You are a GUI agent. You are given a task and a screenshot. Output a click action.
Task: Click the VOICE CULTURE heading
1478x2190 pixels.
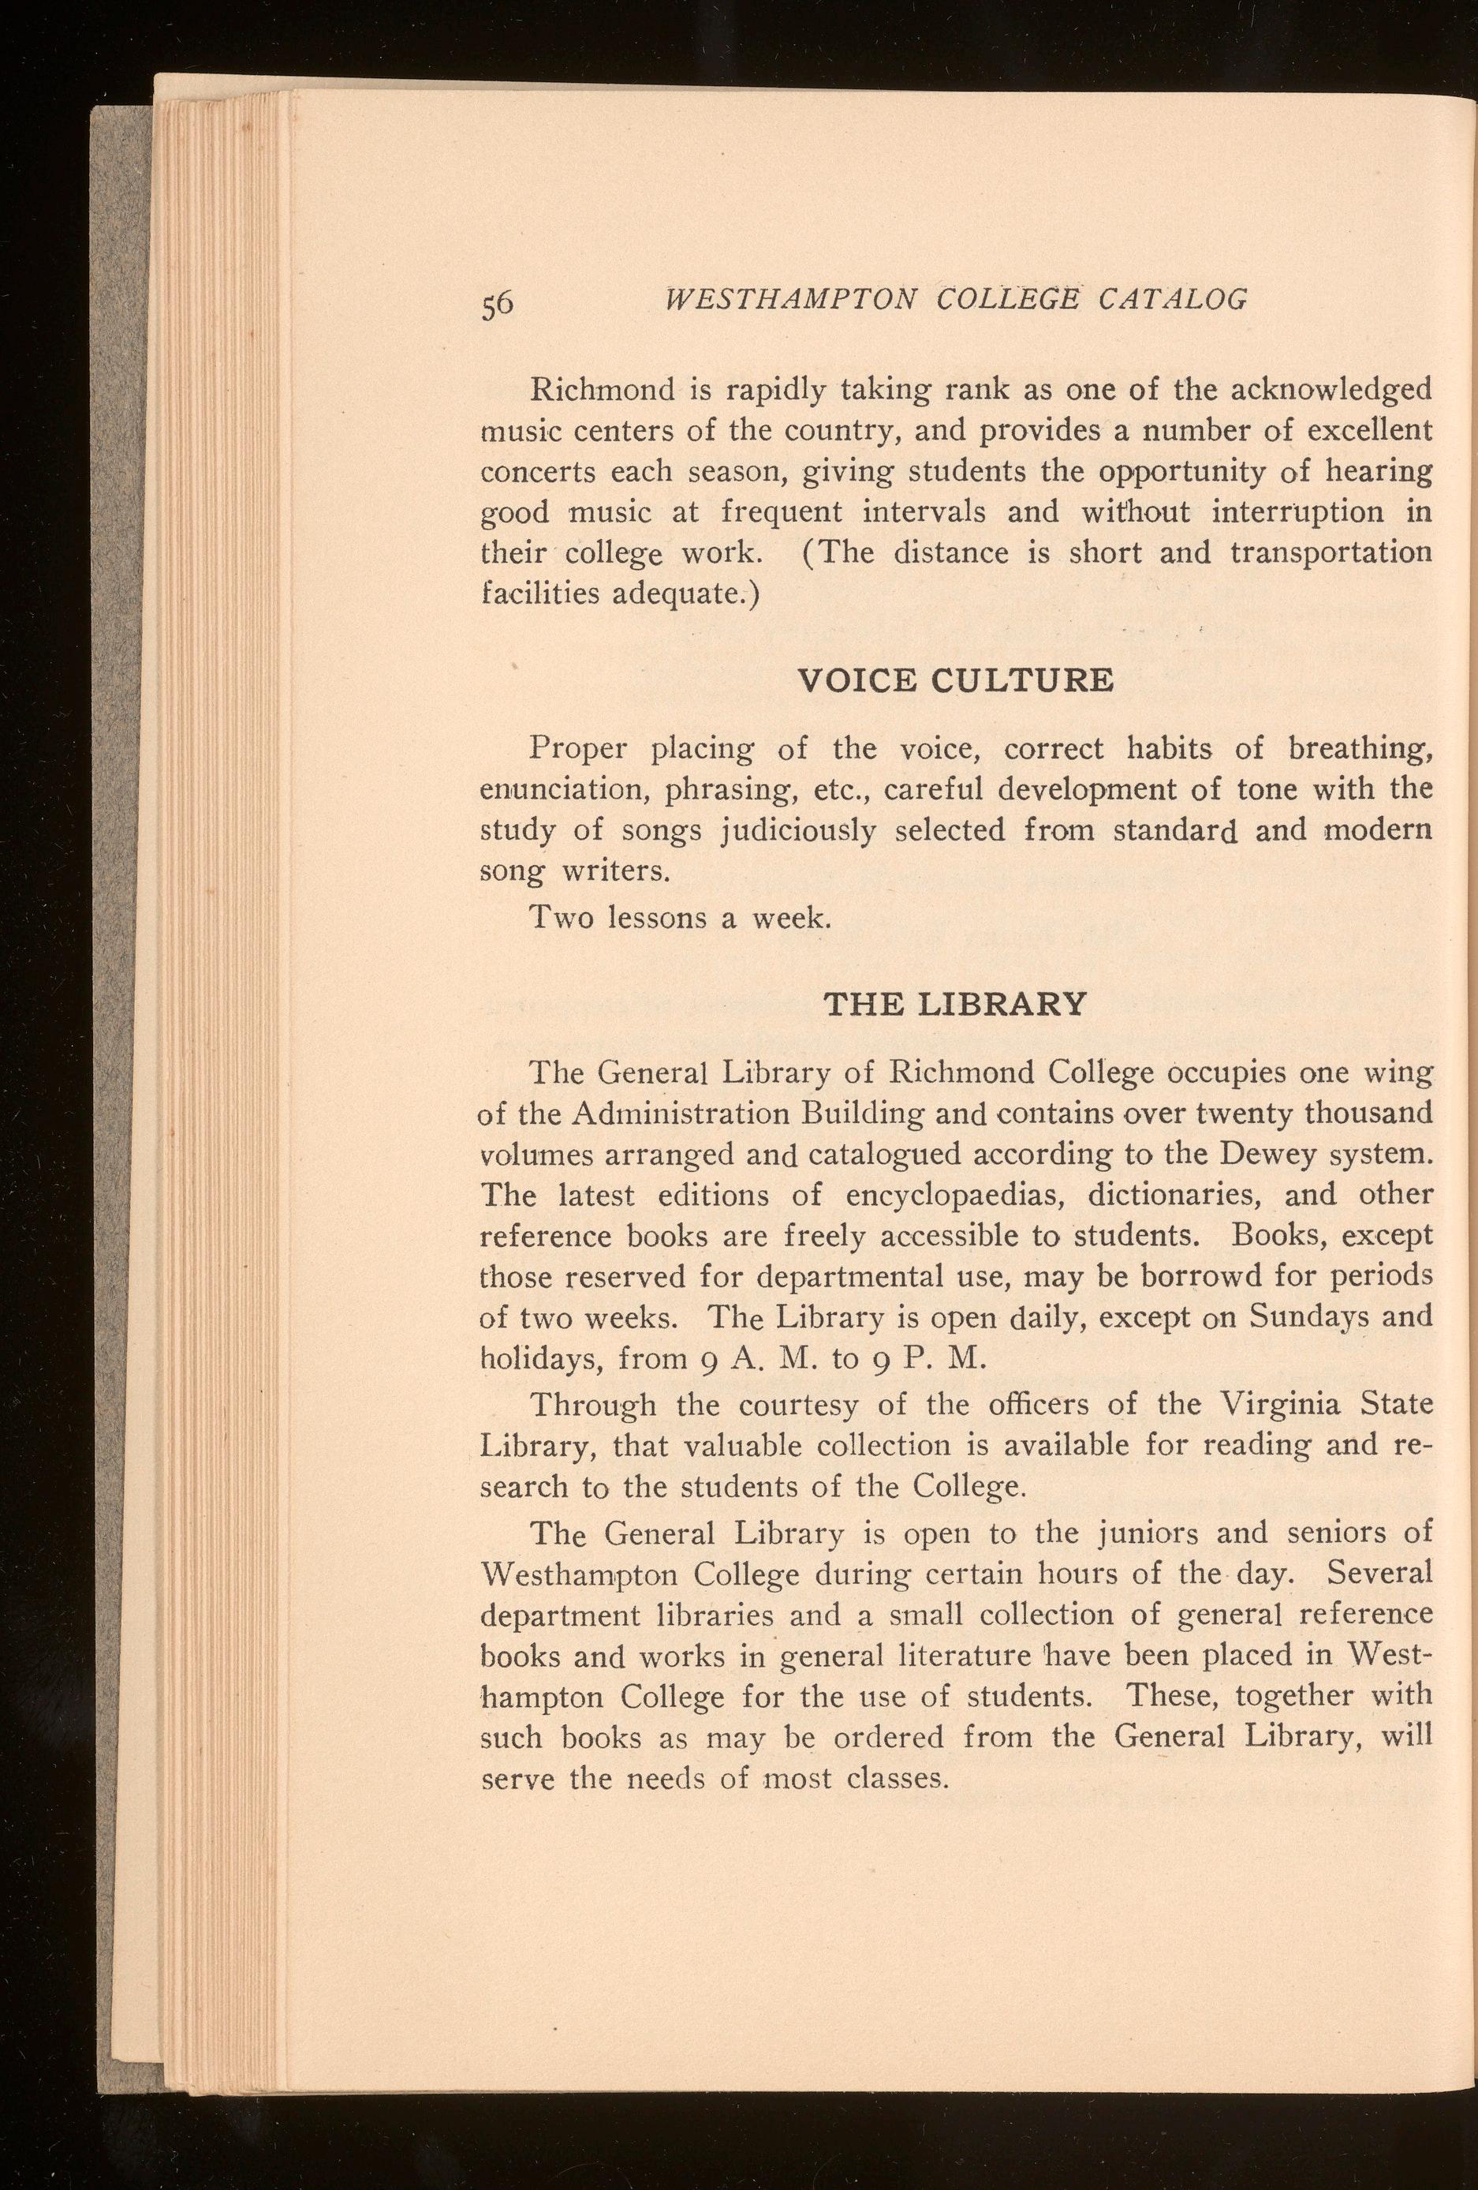[x=955, y=680]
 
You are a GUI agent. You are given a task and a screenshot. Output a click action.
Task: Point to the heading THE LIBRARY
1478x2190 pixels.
[x=955, y=1005]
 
